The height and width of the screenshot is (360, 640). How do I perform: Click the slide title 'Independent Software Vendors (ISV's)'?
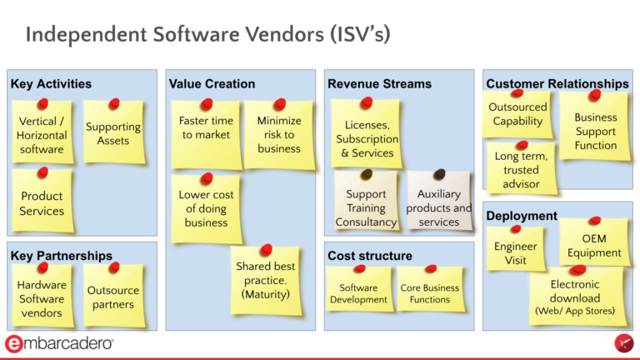click(208, 35)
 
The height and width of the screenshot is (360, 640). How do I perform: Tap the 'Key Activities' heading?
click(51, 84)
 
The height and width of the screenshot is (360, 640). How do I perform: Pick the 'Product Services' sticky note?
click(42, 203)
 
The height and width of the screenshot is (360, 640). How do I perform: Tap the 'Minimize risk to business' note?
click(279, 134)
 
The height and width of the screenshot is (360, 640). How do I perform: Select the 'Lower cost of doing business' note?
click(206, 208)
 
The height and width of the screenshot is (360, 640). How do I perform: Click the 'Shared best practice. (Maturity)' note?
click(265, 280)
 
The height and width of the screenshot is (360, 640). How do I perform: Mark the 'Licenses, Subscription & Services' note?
click(367, 138)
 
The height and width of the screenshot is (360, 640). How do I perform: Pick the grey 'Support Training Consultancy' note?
click(366, 207)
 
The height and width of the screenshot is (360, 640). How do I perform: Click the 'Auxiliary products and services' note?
click(439, 207)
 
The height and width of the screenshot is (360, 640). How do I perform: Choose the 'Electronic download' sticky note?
click(575, 297)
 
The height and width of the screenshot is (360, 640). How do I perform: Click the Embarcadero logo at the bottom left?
click(59, 343)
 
